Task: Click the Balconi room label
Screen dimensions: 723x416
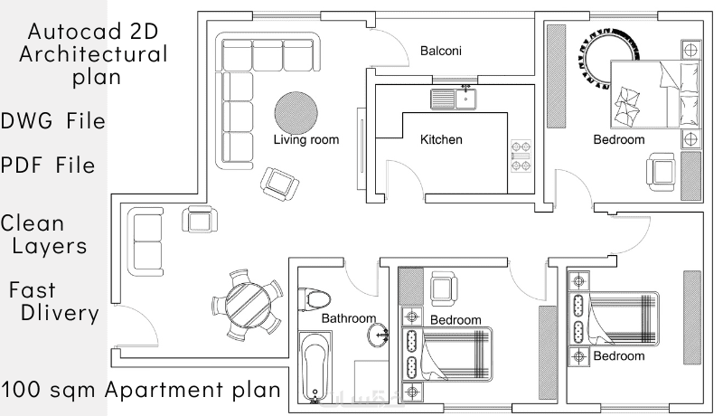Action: tap(440, 51)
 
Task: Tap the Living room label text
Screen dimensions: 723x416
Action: tap(306, 140)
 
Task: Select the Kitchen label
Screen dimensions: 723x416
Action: tap(441, 139)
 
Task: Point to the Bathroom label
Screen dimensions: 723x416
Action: tap(349, 318)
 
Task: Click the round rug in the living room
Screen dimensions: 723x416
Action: tap(296, 113)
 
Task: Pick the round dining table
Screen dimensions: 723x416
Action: tap(248, 305)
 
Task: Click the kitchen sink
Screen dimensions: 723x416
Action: tap(454, 99)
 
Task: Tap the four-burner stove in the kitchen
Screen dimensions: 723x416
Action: tap(521, 156)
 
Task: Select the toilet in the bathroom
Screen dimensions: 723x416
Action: tap(315, 299)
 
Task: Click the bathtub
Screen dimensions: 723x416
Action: tap(315, 367)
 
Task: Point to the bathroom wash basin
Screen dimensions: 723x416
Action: tap(378, 335)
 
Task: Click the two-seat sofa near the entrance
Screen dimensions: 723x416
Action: tap(146, 241)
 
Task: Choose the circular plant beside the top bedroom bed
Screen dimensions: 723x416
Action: tap(606, 58)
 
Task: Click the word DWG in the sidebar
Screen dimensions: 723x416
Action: tap(27, 121)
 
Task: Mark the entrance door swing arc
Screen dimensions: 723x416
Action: tap(146, 318)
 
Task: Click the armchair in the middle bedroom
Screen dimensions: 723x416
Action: tap(444, 288)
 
